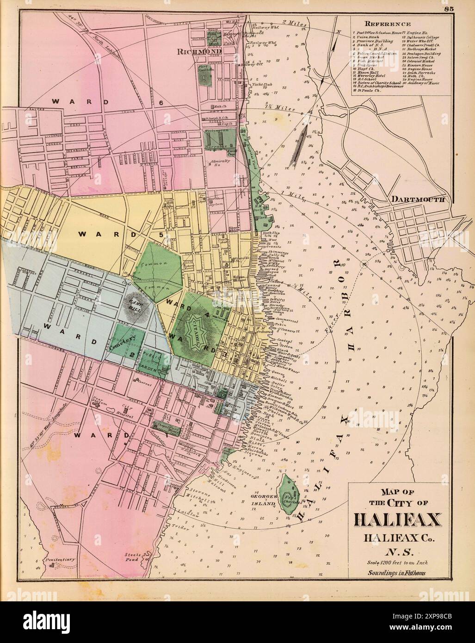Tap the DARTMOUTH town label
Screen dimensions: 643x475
pyautogui.click(x=418, y=199)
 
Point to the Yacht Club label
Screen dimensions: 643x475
pyautogui.click(x=260, y=84)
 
